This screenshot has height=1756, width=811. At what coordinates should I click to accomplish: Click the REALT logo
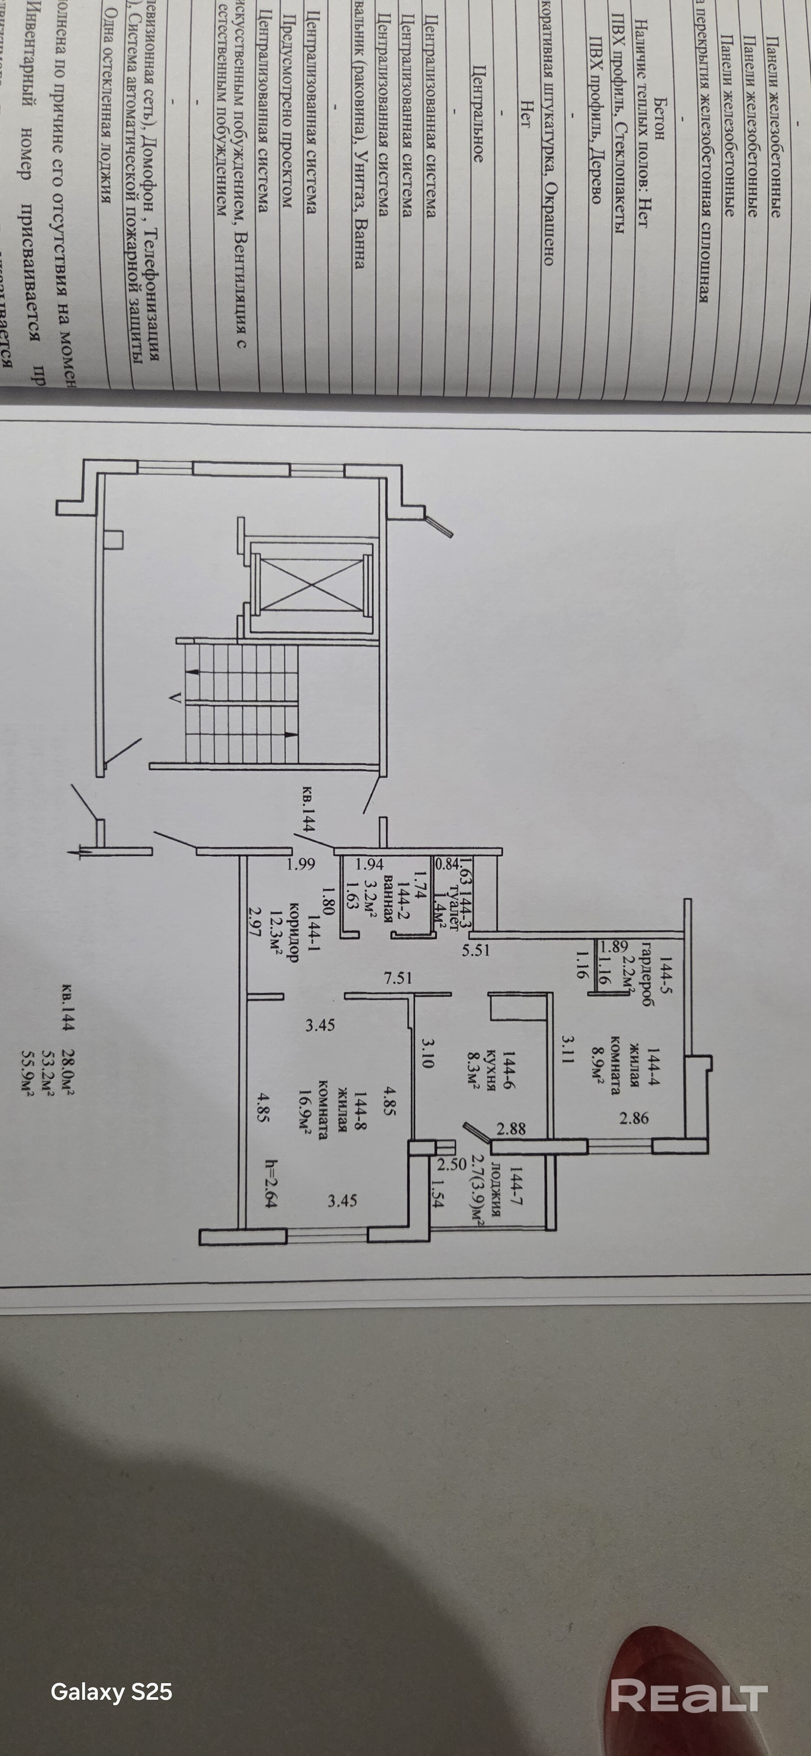[x=688, y=1694]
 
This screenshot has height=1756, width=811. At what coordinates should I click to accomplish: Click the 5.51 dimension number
[x=476, y=949]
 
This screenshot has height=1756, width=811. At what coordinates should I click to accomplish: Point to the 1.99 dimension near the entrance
[x=301, y=864]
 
